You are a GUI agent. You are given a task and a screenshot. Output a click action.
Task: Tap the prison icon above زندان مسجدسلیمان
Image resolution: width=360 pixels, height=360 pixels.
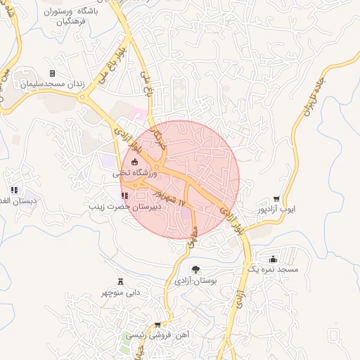pos(52,73)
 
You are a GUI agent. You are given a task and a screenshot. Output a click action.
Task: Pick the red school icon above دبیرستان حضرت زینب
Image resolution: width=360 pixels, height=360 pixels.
pos(124,196)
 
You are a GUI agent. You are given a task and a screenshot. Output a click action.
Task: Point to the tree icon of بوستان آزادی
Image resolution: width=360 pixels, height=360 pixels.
pos(195,269)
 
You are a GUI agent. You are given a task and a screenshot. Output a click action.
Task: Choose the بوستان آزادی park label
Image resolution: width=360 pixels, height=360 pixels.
pos(196,280)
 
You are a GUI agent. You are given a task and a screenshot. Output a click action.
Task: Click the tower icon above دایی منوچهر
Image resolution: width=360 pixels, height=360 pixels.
pos(120,281)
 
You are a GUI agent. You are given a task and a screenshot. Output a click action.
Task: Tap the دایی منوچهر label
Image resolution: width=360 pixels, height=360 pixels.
pos(120,292)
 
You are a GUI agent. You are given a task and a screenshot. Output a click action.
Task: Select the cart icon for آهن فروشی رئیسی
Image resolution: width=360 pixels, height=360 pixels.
pos(157,325)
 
